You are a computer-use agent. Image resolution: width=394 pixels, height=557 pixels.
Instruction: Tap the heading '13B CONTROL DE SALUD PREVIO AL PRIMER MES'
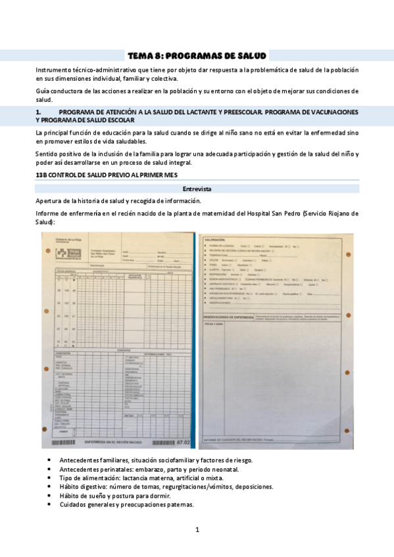pyautogui.click(x=99, y=175)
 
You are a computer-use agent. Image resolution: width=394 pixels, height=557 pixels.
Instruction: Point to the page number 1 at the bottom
pyautogui.click(x=197, y=529)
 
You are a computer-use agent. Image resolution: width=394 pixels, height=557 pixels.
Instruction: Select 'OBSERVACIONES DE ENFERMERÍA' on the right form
pyautogui.click(x=228, y=317)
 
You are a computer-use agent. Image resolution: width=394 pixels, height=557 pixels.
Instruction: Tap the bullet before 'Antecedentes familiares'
pyautogui.click(x=51, y=460)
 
